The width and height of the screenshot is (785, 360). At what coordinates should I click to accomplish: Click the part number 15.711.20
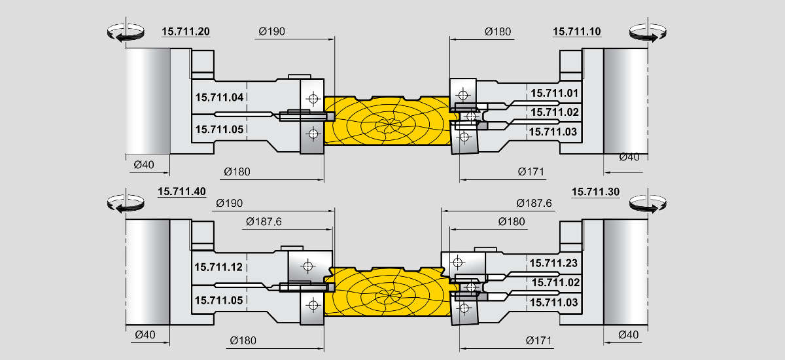pos(185,31)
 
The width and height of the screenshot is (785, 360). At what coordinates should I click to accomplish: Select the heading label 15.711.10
pos(576,31)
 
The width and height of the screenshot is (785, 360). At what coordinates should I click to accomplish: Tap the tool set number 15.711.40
pos(182,192)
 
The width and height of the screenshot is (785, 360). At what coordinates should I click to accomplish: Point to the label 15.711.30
pos(595,192)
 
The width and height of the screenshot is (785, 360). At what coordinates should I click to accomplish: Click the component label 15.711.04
pos(219,97)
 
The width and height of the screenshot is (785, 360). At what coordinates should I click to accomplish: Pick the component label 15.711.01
pos(554,93)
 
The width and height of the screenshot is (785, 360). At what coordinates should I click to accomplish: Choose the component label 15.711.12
pos(218,267)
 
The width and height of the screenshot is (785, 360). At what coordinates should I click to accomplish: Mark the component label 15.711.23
pos(553,263)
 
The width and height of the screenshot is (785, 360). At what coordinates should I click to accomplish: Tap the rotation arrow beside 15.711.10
pos(648,33)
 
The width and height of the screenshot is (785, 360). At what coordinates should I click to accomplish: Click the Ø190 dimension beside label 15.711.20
pos(271,31)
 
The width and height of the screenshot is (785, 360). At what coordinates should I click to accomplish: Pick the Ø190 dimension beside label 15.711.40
pos(228,204)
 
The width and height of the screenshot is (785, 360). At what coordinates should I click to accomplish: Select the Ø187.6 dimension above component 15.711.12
pos(264,222)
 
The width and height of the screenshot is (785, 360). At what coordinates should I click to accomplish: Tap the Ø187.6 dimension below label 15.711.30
pos(533,204)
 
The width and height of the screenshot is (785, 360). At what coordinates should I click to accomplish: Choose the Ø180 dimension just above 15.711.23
pos(512,222)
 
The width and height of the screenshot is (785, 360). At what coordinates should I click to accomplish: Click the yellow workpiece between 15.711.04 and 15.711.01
pos(389,121)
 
